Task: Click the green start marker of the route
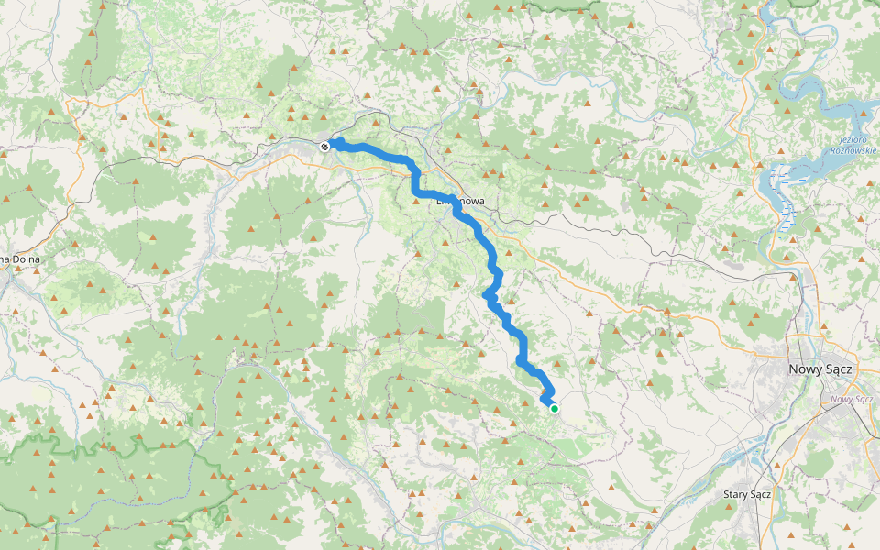point(554,409)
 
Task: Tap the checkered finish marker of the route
point(324,146)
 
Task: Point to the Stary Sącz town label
point(747,494)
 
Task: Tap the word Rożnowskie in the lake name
point(854,149)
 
